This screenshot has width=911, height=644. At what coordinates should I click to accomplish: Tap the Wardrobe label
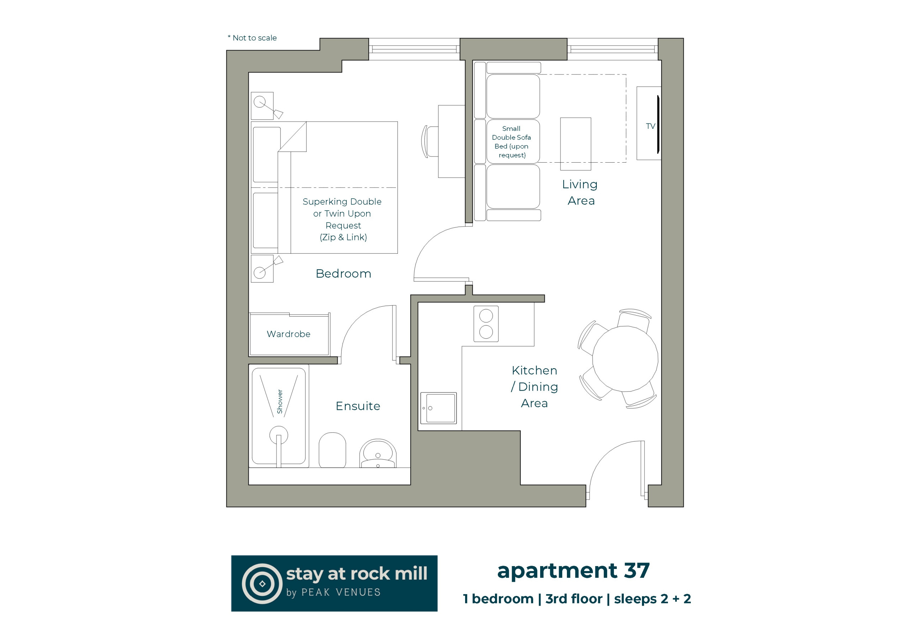[289, 334]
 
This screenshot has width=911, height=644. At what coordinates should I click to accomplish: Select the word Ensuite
[358, 406]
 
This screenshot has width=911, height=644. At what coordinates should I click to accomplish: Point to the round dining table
[625, 359]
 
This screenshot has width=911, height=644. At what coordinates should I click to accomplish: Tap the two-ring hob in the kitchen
[486, 324]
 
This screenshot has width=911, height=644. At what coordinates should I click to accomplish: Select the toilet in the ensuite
[332, 450]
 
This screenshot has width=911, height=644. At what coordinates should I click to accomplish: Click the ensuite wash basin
[378, 454]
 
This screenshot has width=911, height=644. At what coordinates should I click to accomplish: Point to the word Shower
[280, 402]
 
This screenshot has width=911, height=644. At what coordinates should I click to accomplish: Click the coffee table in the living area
[576, 144]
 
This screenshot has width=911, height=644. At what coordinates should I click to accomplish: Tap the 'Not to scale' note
[252, 38]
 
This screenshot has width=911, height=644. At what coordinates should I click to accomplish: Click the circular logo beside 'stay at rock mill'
[262, 584]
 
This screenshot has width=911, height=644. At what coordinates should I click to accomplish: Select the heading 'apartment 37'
[573, 571]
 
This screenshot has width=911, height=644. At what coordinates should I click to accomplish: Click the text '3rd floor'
[574, 599]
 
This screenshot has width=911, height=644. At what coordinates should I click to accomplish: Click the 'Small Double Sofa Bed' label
[511, 142]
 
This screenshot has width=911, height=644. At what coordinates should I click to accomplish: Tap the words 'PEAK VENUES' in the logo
[341, 592]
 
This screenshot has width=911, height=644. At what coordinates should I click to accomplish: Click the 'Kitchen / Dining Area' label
[535, 386]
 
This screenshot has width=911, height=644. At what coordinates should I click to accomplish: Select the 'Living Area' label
[580, 192]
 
